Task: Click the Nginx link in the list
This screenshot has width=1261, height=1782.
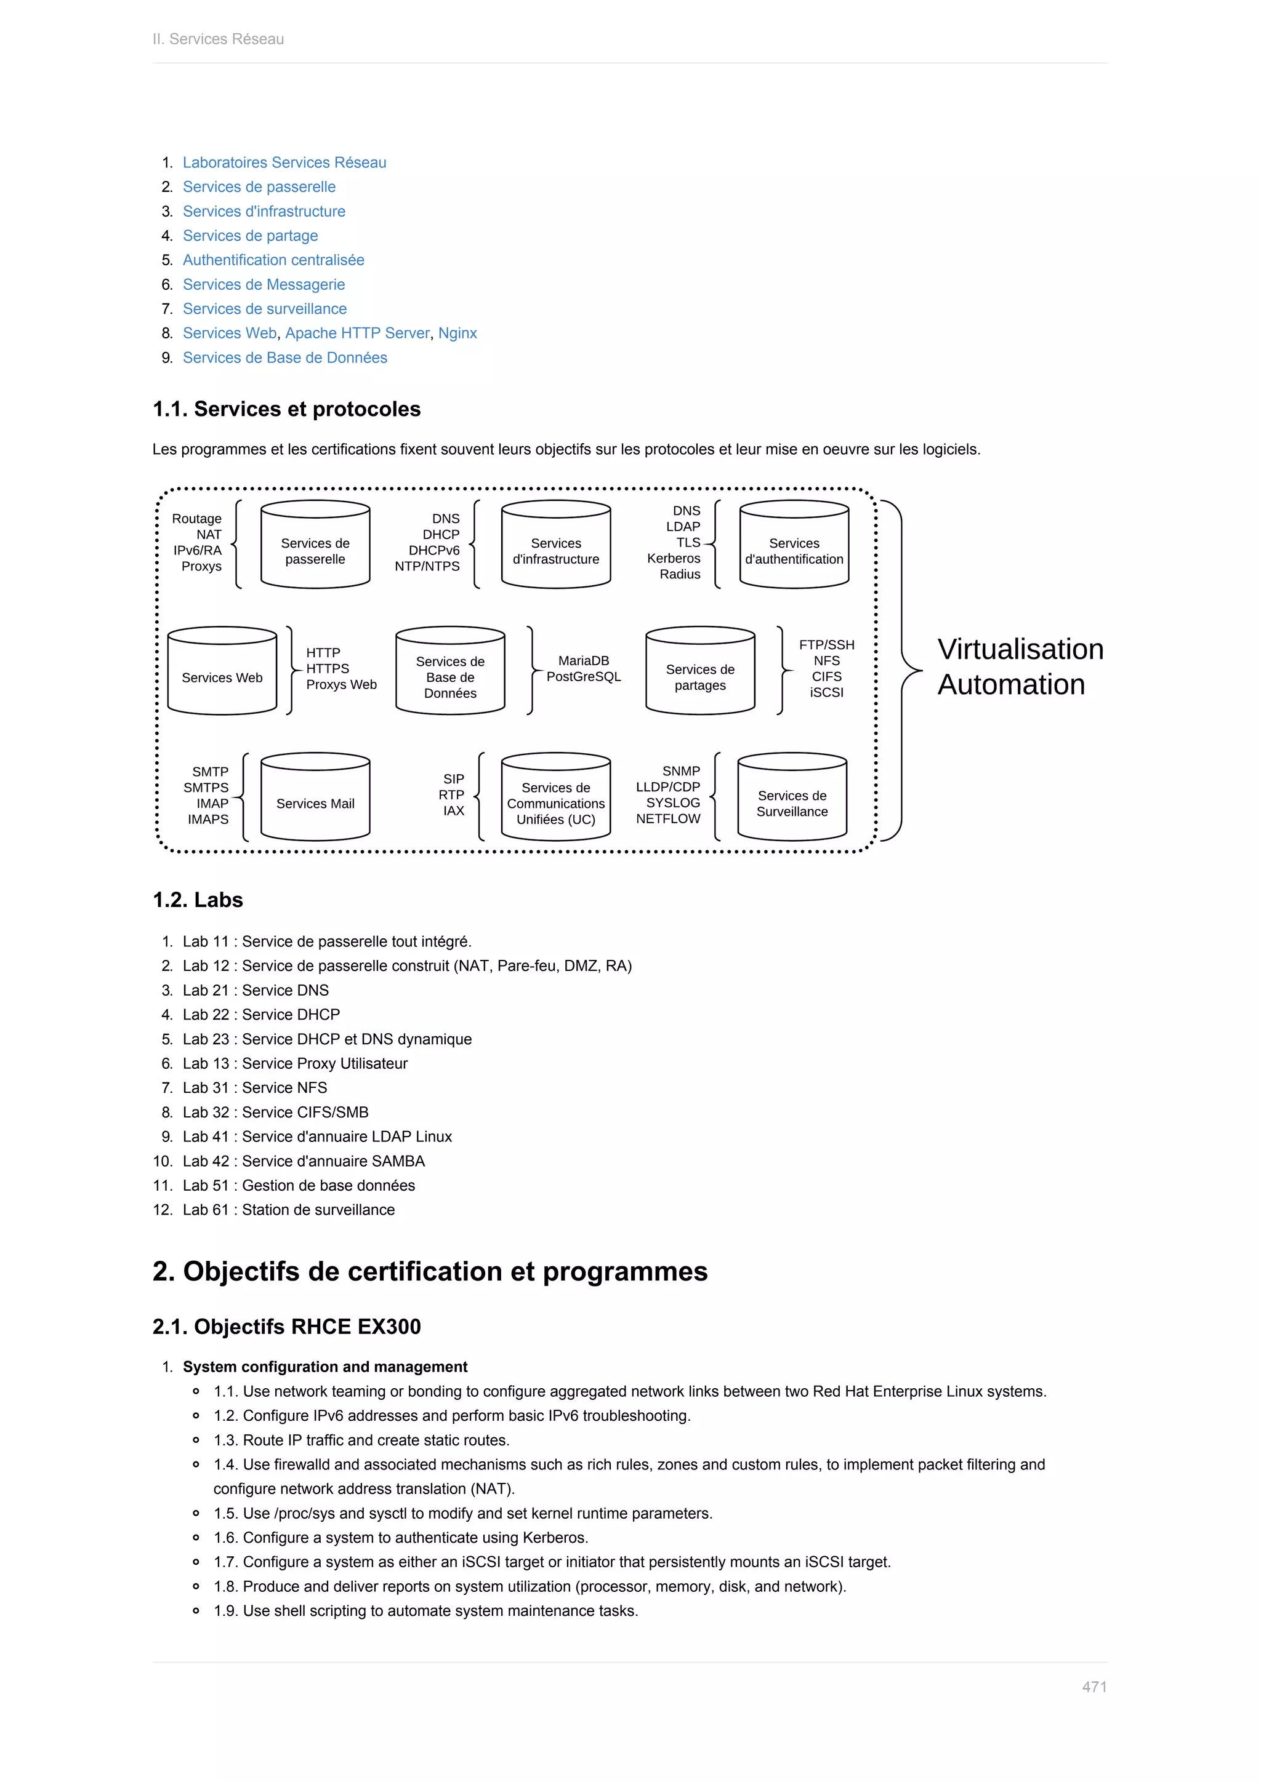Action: pyautogui.click(x=457, y=333)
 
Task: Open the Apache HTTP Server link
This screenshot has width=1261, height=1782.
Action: pyautogui.click(x=357, y=333)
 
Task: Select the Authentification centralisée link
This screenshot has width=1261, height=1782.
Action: pyautogui.click(x=273, y=260)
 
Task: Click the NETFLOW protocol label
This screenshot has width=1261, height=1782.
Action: pyautogui.click(x=668, y=819)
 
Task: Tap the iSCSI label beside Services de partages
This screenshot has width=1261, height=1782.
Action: pyautogui.click(x=826, y=692)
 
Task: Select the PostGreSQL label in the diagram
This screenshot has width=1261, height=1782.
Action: pyautogui.click(x=584, y=677)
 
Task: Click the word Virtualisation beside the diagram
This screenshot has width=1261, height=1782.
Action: pyautogui.click(x=1020, y=649)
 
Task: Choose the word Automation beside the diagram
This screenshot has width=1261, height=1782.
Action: pyautogui.click(x=1011, y=684)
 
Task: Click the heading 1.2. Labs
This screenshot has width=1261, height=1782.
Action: pyautogui.click(x=198, y=900)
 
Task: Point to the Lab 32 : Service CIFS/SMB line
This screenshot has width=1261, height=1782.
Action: pyautogui.click(x=276, y=1112)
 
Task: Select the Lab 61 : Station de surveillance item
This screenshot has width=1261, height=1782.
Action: pyautogui.click(x=289, y=1209)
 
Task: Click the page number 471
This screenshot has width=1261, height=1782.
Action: pyautogui.click(x=1094, y=1687)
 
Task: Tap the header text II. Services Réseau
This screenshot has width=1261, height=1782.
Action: pyautogui.click(x=218, y=39)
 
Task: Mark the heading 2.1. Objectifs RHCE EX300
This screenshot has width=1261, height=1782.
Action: pyautogui.click(x=286, y=1327)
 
